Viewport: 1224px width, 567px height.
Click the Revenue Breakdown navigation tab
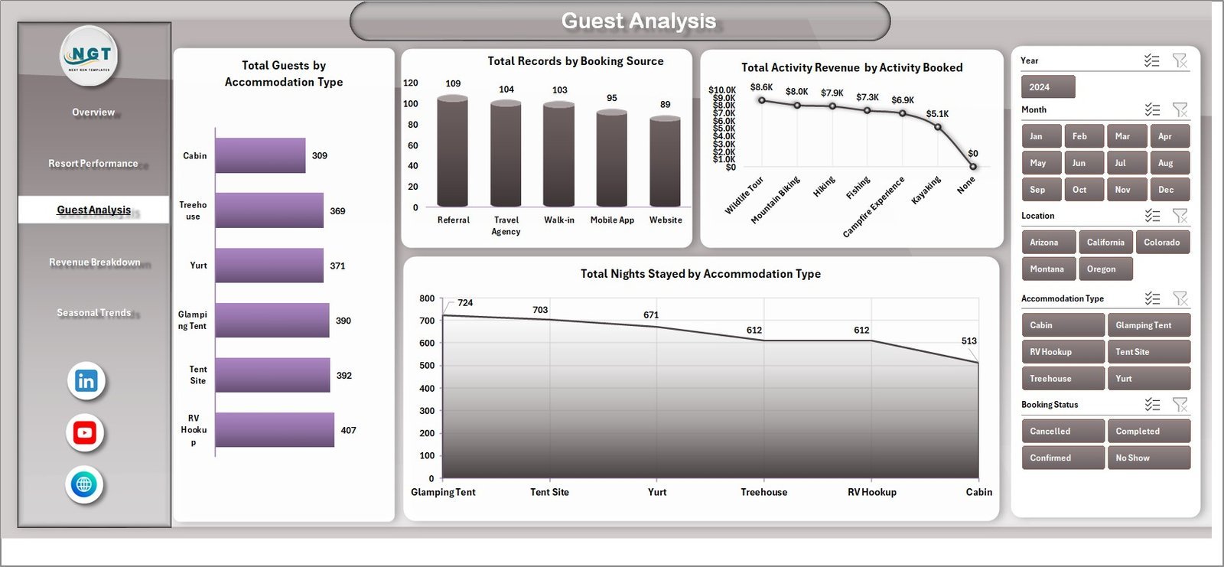(x=95, y=262)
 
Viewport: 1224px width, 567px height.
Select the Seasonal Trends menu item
(x=94, y=313)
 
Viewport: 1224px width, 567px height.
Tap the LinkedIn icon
(x=86, y=381)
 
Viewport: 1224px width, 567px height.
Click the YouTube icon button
(x=85, y=433)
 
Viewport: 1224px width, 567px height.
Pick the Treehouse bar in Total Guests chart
(x=269, y=210)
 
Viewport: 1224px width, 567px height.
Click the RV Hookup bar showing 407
(x=275, y=430)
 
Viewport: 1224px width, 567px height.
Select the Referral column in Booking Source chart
(x=452, y=152)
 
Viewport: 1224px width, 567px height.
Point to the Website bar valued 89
(x=665, y=161)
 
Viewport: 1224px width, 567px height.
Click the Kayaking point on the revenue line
(x=938, y=127)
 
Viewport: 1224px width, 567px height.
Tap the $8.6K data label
(x=761, y=87)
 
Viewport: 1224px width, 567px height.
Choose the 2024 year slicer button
(x=1047, y=87)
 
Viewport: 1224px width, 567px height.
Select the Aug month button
(x=1168, y=163)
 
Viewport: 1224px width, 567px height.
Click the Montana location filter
(x=1047, y=269)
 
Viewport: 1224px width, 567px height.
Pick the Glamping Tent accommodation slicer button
(x=1147, y=325)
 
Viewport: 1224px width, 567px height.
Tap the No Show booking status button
(x=1147, y=458)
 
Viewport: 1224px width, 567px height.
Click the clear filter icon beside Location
(x=1180, y=216)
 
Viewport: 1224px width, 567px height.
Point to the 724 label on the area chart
(x=465, y=303)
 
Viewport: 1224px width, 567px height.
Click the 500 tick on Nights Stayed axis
(x=427, y=366)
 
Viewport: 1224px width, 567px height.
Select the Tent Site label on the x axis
(x=549, y=492)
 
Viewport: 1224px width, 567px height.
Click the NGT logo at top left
(x=90, y=56)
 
